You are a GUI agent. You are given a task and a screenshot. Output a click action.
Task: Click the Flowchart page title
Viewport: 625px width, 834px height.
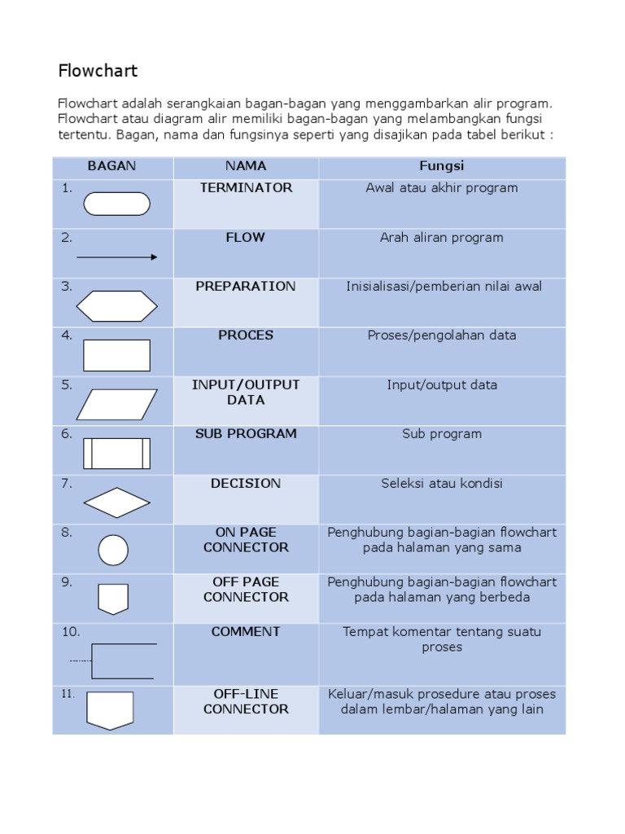(x=98, y=71)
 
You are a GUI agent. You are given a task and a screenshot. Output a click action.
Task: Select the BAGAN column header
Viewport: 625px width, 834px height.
(x=112, y=166)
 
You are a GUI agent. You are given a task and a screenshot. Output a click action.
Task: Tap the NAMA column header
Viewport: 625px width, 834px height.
(x=246, y=166)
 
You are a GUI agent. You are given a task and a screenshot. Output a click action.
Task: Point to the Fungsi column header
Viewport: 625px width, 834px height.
(x=442, y=166)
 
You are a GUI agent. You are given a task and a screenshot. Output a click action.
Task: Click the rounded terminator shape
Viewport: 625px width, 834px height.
(x=117, y=204)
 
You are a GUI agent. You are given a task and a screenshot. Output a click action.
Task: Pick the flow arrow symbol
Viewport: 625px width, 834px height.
(x=117, y=257)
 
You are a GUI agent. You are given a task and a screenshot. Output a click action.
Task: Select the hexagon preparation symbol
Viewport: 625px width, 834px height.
(x=117, y=306)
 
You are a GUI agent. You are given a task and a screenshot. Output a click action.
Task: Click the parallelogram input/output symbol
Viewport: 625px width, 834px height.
(x=117, y=405)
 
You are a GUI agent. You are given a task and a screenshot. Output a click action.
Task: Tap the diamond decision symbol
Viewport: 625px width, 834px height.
(x=117, y=503)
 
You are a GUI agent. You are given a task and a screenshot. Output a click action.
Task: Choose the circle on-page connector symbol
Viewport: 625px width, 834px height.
(x=113, y=551)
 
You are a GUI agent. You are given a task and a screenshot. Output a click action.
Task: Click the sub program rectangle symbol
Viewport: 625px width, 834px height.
(x=117, y=454)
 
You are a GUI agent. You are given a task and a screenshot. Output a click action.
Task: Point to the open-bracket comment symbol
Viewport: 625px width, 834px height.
(x=122, y=661)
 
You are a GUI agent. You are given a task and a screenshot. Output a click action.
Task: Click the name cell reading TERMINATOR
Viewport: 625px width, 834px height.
(x=246, y=188)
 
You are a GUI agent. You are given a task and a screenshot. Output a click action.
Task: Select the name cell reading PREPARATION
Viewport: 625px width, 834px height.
(x=246, y=287)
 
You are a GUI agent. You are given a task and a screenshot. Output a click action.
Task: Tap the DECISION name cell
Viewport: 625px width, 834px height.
(x=246, y=484)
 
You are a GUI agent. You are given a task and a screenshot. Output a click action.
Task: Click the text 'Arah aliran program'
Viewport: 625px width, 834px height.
(x=442, y=238)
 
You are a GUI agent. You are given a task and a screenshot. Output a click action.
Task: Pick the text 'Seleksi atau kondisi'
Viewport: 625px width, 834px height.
(x=442, y=484)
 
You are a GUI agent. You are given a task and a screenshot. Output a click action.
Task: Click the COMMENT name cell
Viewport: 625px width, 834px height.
(x=246, y=632)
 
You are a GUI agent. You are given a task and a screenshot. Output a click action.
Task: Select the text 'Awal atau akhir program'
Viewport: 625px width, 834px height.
(x=442, y=188)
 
